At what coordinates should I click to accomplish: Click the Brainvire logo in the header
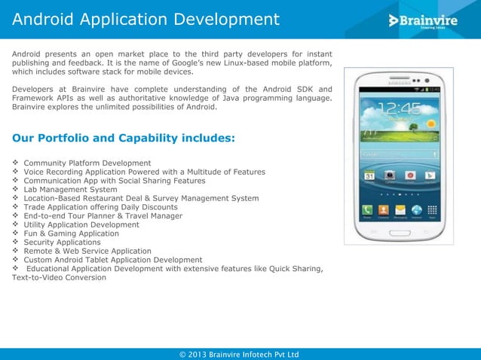click(x=424, y=20)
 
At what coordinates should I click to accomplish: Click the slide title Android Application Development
click(x=146, y=18)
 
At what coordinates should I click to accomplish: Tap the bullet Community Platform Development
click(x=87, y=163)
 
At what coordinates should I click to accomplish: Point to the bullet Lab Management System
click(x=70, y=190)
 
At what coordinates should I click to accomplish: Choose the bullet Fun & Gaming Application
click(x=71, y=233)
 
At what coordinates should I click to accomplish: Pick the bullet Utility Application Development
click(x=81, y=224)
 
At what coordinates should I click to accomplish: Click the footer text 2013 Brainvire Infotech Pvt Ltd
click(x=240, y=354)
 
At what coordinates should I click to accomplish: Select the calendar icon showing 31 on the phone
click(x=369, y=175)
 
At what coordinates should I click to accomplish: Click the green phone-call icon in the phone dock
click(x=367, y=209)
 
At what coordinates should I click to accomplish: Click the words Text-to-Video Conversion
click(x=59, y=277)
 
